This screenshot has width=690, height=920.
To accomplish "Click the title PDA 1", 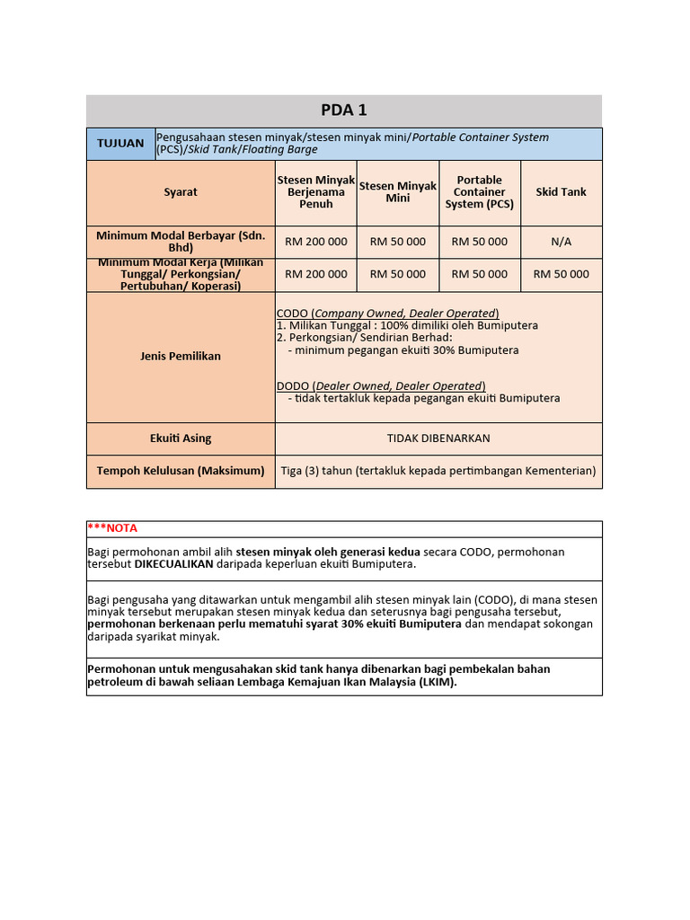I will coord(344,111).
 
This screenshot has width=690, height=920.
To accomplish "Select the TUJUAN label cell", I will coord(120,143).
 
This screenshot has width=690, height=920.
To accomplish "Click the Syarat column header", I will coord(181,192).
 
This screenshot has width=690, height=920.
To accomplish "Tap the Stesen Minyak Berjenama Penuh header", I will coord(316,192).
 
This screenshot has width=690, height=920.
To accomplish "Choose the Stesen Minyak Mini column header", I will coord(398,192).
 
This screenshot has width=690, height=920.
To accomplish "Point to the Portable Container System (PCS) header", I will coord(480,192).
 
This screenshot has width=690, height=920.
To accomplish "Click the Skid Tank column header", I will coord(561,192).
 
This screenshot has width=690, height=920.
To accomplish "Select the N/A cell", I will coord(561,242).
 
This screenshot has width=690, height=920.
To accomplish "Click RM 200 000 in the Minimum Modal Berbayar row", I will coord(316,242).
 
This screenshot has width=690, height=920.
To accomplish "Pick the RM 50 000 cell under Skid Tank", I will coord(561,274).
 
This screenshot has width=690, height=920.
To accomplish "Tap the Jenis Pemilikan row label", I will coord(181,356).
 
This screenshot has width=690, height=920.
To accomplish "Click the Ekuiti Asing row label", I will coord(181,438).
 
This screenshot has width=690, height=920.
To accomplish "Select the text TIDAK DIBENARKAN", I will coord(438,438).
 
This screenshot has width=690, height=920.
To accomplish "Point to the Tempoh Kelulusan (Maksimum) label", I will coord(181,471).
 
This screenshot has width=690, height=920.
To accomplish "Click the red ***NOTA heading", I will coord(112,528).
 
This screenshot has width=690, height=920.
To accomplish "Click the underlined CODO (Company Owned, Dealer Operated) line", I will coord(387,313).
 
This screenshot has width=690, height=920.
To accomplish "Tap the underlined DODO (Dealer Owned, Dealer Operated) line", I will coord(381,386).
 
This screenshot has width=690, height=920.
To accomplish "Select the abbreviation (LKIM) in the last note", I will coord(437,682).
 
